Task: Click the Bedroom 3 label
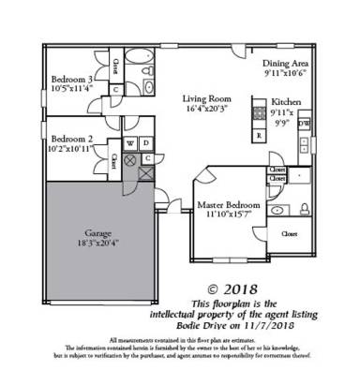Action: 71,80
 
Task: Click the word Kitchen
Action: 285,102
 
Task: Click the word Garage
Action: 98,230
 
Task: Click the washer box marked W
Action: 129,143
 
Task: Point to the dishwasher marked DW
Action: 303,123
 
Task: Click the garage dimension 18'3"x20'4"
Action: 98,242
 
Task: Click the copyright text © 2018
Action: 238,290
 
